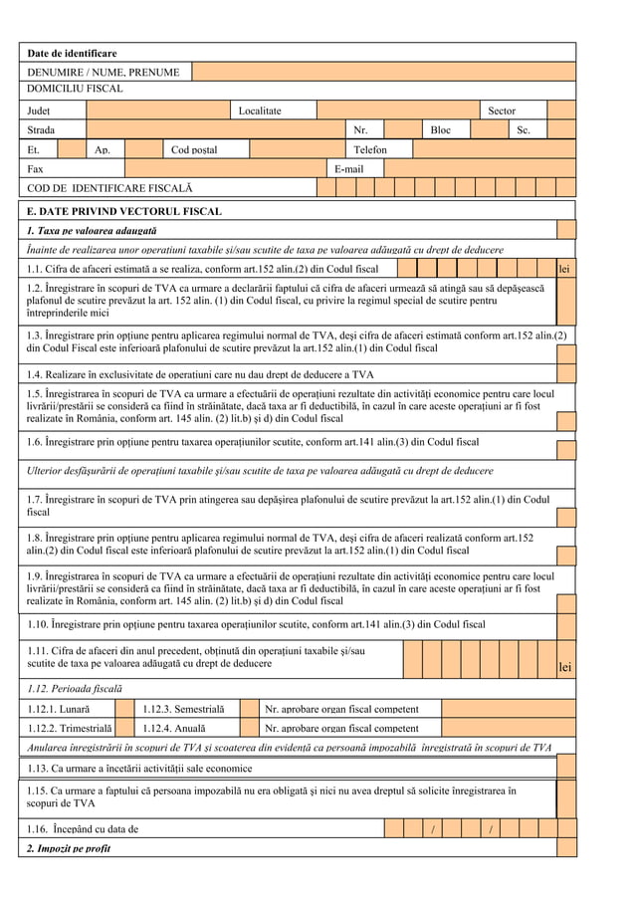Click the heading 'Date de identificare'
coord(72,53)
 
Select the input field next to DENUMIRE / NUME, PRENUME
coord(383,72)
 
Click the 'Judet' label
coord(39,111)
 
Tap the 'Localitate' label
coord(259,111)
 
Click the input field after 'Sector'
coord(561,111)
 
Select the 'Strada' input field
coord(215,129)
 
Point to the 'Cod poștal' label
coord(194,149)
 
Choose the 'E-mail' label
coord(348,168)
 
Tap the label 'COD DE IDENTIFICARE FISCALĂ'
coord(109,187)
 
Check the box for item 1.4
coord(566,374)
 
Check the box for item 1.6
coord(566,442)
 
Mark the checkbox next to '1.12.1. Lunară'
coord(124,709)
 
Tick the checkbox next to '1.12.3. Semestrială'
coord(249,709)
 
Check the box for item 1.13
coord(566,768)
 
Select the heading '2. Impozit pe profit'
coord(69,848)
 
